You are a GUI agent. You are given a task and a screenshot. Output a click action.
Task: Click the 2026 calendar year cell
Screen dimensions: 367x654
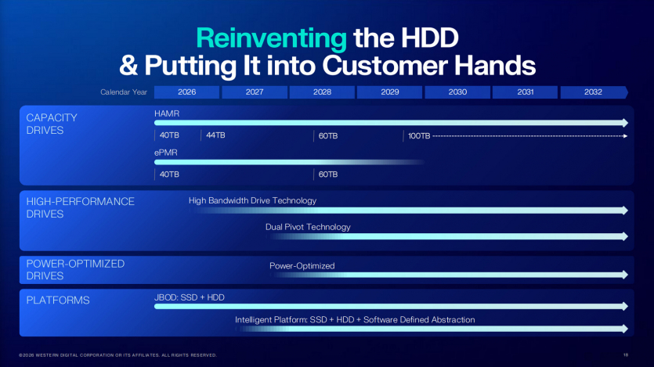click(x=187, y=92)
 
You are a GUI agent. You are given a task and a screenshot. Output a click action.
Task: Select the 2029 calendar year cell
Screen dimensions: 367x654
click(x=390, y=92)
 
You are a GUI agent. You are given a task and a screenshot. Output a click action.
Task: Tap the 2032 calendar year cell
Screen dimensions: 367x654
click(x=593, y=92)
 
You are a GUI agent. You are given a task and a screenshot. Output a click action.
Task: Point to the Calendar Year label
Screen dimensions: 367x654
click(x=124, y=92)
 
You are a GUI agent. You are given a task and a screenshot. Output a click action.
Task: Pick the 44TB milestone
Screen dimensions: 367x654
click(x=215, y=135)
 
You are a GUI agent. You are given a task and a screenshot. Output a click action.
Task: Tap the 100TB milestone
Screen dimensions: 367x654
click(x=419, y=136)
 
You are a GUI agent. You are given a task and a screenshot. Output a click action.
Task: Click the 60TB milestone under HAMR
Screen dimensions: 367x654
click(x=327, y=136)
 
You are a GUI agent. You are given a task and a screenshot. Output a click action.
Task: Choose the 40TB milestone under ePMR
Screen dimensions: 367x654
click(x=169, y=175)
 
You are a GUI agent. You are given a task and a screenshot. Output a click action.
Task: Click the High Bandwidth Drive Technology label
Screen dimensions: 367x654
click(x=252, y=201)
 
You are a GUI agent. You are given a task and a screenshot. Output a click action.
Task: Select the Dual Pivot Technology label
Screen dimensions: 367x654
click(x=308, y=227)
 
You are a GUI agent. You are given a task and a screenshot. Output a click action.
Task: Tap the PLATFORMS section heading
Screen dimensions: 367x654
click(x=58, y=300)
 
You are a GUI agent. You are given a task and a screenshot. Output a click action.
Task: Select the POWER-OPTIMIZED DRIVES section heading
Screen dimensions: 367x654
click(x=75, y=270)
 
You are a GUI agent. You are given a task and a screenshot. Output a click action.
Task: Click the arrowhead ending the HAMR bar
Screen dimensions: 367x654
click(x=624, y=123)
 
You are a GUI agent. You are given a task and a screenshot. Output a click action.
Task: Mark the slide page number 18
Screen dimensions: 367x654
click(x=626, y=354)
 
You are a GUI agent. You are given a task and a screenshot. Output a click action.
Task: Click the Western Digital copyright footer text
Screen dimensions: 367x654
click(x=117, y=354)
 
